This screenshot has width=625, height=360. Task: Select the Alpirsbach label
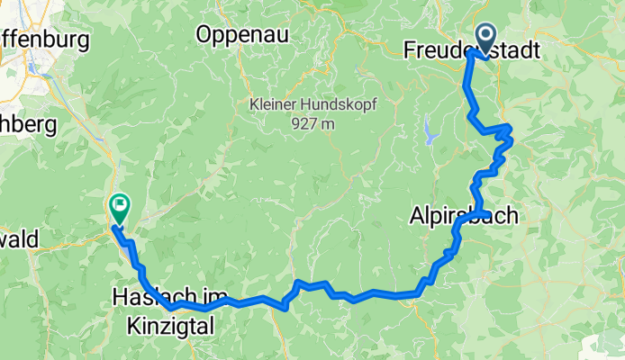click(452, 215)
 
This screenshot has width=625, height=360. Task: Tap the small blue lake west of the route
click(430, 134)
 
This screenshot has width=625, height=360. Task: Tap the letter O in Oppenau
click(204, 35)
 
